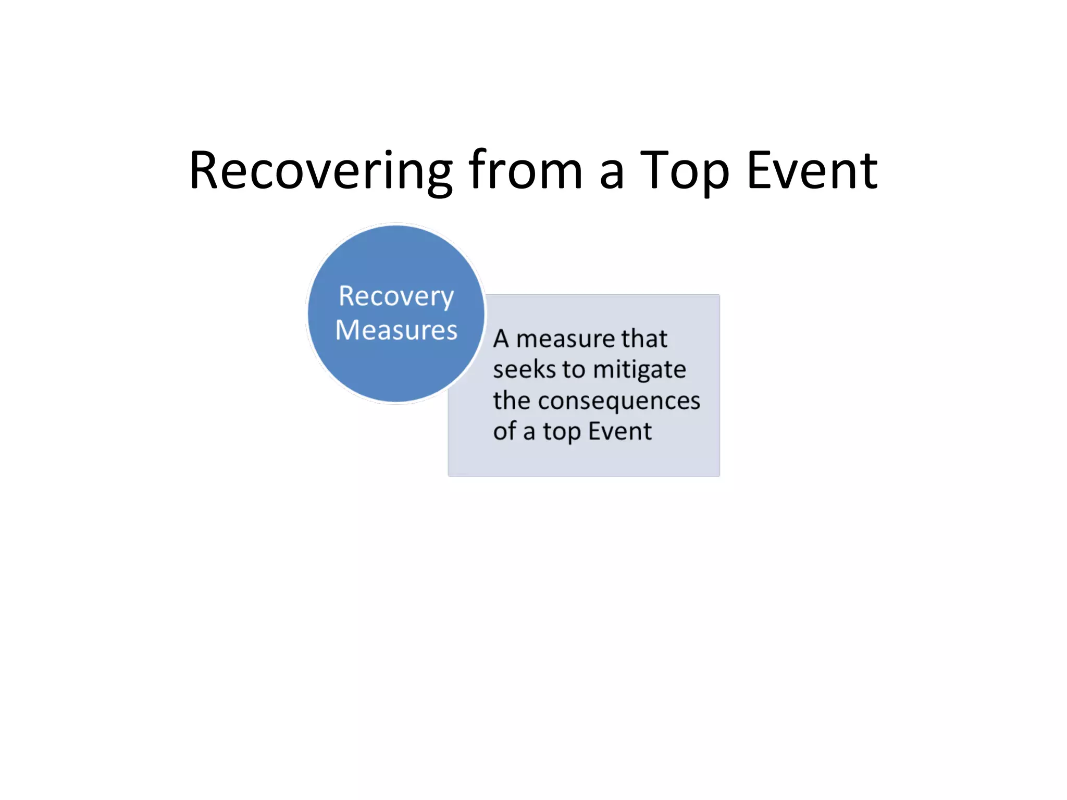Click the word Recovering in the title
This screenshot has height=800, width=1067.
click(320, 171)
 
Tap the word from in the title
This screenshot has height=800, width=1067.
click(525, 170)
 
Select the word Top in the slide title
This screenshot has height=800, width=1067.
click(684, 171)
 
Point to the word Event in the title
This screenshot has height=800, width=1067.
click(812, 170)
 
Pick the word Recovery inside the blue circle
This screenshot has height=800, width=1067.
click(396, 297)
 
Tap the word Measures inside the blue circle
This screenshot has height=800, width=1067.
click(396, 330)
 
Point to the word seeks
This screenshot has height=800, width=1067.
click(524, 370)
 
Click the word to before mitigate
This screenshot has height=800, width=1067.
click(573, 370)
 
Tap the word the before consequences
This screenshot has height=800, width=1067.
click(512, 401)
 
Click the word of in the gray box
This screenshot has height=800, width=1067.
click(504, 431)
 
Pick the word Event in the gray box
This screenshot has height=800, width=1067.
click(619, 431)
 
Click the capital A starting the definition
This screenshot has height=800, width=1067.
click(501, 339)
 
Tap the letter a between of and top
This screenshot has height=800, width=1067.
click(529, 433)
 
